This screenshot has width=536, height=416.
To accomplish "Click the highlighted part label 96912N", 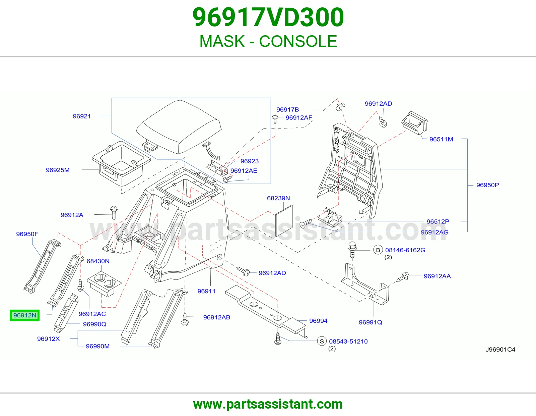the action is [25, 315].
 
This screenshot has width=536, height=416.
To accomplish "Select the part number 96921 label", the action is [82, 116].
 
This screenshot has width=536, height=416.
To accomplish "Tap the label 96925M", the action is [58, 170].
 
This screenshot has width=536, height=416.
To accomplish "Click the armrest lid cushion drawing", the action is [179, 126].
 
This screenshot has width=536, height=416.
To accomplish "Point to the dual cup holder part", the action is [104, 284].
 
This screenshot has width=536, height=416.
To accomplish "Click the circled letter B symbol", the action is [378, 250].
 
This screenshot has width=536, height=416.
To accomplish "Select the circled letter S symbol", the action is [322, 342].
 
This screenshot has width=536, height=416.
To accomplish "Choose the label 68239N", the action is [278, 198].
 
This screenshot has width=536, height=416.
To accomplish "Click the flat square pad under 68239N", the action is [284, 221].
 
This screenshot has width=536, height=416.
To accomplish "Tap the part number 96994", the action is [318, 321].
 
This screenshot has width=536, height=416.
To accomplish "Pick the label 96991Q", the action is [370, 322].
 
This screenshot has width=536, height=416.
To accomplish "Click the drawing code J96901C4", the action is [500, 350].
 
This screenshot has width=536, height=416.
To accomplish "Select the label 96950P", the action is [487, 185].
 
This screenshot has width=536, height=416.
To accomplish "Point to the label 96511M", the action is [441, 139].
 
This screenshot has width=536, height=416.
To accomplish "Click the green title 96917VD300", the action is [268, 17].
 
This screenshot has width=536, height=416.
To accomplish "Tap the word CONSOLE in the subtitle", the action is [298, 41].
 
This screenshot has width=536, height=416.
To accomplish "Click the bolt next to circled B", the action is [352, 250].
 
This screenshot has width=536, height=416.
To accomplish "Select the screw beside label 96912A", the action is [114, 212].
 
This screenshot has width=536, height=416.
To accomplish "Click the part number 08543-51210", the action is [348, 342].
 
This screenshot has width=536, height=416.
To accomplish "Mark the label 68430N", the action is [98, 261].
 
